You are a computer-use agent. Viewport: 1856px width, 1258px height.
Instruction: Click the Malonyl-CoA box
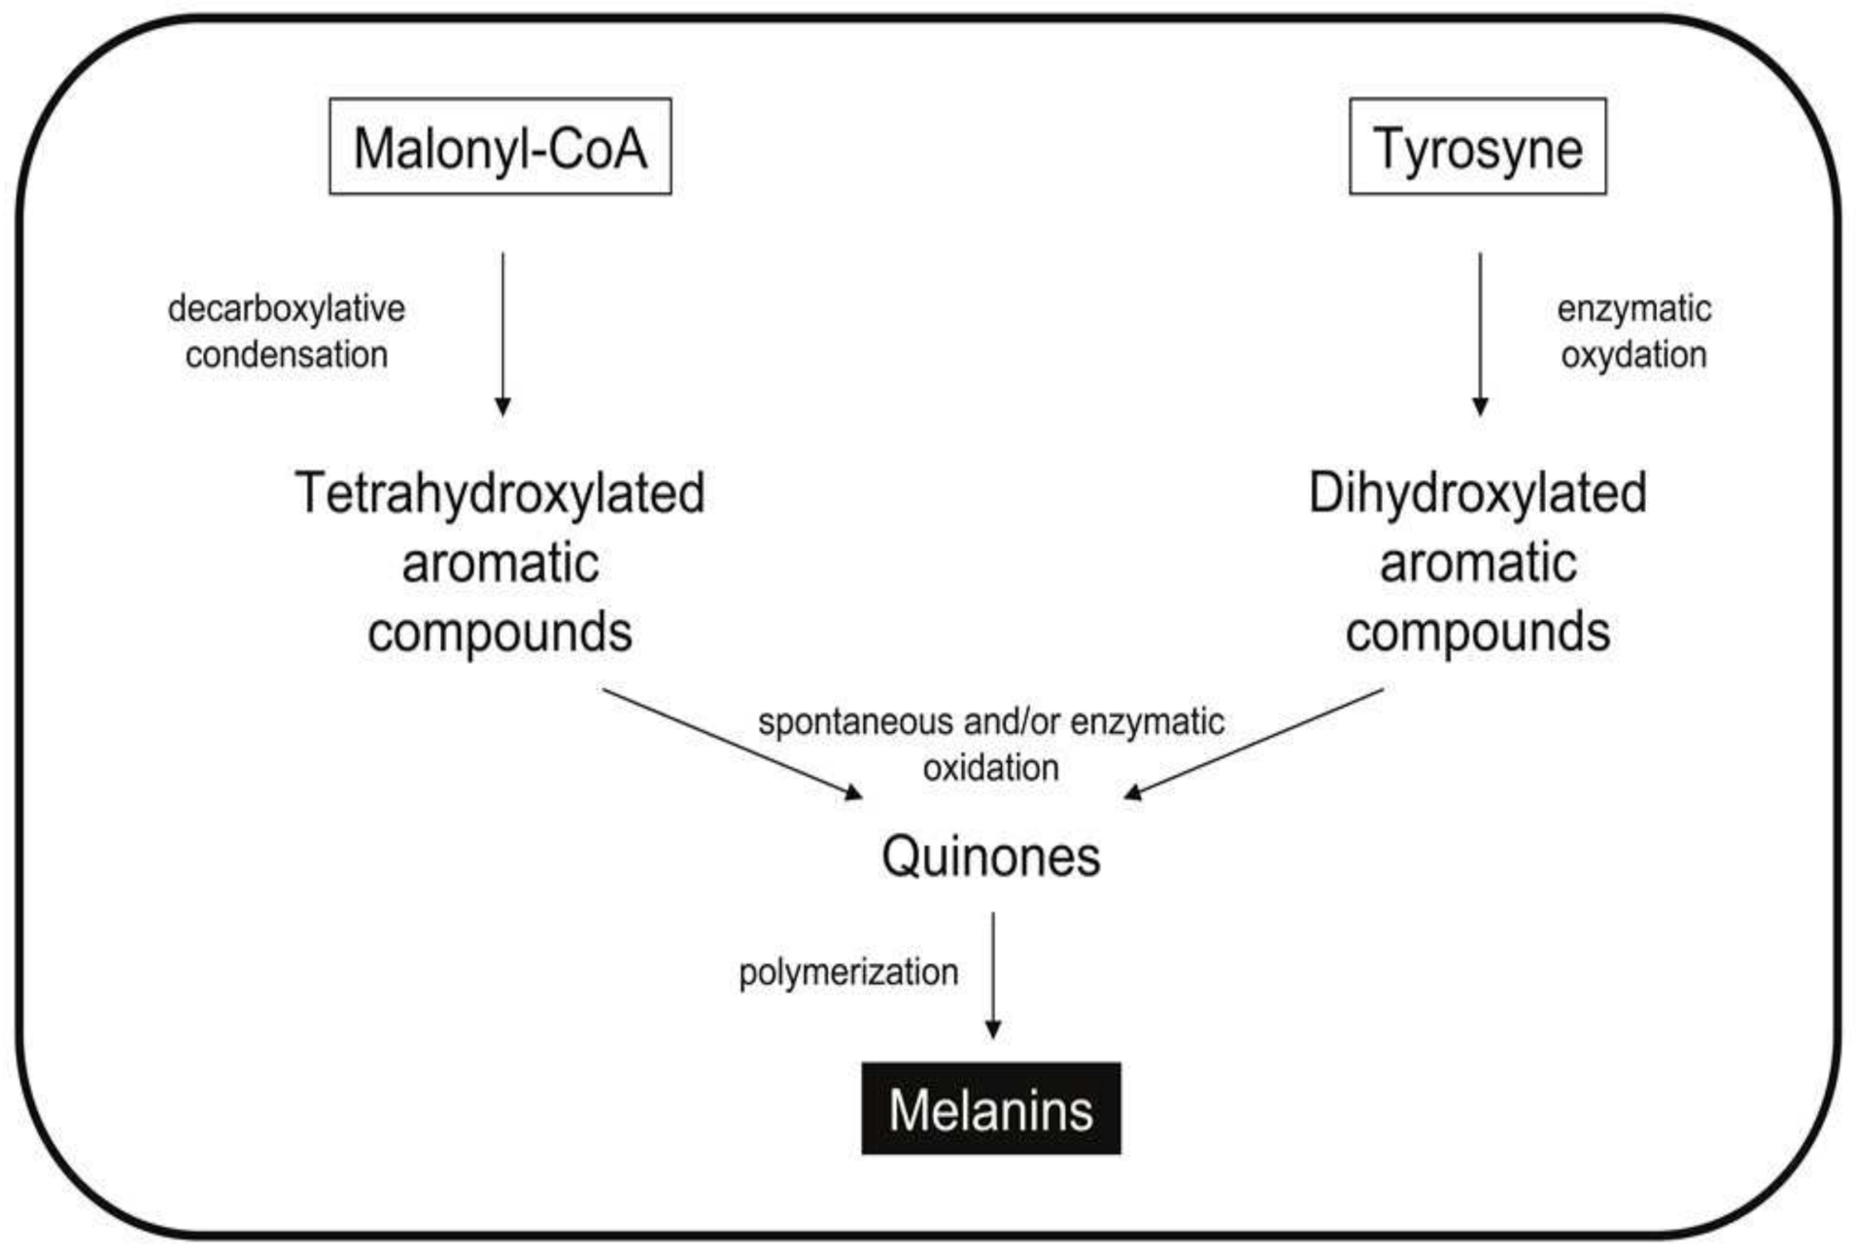(x=499, y=147)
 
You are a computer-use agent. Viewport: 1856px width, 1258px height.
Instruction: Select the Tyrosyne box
(x=1476, y=147)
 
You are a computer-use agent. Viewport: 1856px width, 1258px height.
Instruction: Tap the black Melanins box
(x=990, y=1108)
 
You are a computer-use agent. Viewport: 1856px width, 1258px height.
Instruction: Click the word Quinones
(x=990, y=856)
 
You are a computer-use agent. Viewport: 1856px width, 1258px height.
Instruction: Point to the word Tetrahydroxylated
(x=499, y=493)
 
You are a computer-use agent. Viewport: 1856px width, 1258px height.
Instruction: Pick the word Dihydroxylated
(x=1477, y=493)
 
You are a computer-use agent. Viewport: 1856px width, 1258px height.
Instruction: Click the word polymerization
(x=848, y=972)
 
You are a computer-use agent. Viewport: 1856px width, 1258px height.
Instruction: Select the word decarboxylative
(x=286, y=309)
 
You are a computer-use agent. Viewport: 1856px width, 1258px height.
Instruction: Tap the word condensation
(x=286, y=355)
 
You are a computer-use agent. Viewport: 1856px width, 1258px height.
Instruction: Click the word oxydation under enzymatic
(x=1633, y=355)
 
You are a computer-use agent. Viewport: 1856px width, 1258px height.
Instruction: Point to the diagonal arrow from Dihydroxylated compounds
(x=1254, y=744)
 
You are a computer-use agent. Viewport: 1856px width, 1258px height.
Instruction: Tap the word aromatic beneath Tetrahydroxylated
(x=499, y=563)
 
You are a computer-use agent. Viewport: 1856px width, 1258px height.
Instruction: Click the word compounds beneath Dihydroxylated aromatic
(x=1477, y=632)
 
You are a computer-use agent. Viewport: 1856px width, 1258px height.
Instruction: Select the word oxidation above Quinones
(x=990, y=768)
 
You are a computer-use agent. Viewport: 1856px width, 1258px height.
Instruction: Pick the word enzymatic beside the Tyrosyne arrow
(x=1633, y=309)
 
